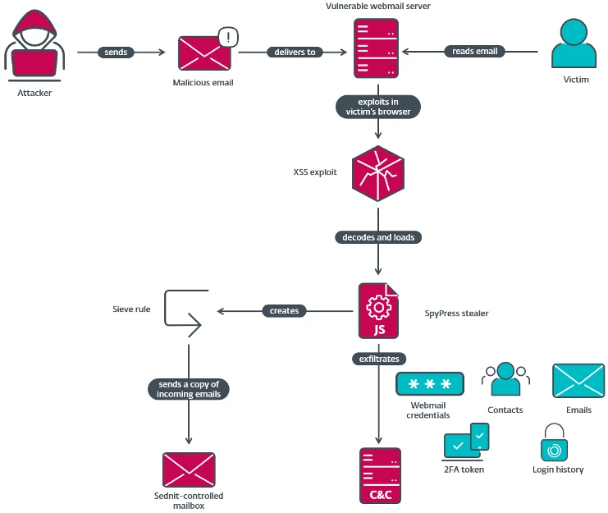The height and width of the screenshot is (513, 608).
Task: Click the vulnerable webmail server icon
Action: pyautogui.click(x=377, y=48)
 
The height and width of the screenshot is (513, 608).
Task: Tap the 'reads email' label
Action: pyautogui.click(x=474, y=52)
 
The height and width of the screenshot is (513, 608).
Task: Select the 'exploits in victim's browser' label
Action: pyautogui.click(x=378, y=107)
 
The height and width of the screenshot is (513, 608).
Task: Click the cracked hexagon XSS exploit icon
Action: pyautogui.click(x=377, y=173)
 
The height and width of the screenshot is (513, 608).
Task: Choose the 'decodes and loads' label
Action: pyautogui.click(x=377, y=237)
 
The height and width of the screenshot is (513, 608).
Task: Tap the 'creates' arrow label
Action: pyautogui.click(x=284, y=311)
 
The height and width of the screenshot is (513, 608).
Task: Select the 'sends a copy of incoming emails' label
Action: pyautogui.click(x=189, y=389)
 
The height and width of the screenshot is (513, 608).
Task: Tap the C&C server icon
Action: pyautogui.click(x=379, y=476)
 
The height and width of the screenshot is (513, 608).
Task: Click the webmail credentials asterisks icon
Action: pyautogui.click(x=429, y=384)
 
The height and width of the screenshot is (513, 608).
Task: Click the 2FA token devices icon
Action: pyautogui.click(x=465, y=442)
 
